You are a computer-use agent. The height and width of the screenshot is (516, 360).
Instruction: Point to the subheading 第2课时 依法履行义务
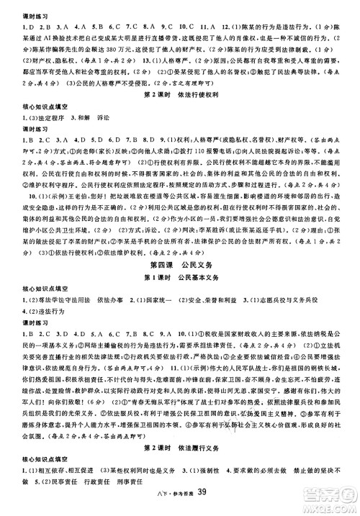coord(180,447)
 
